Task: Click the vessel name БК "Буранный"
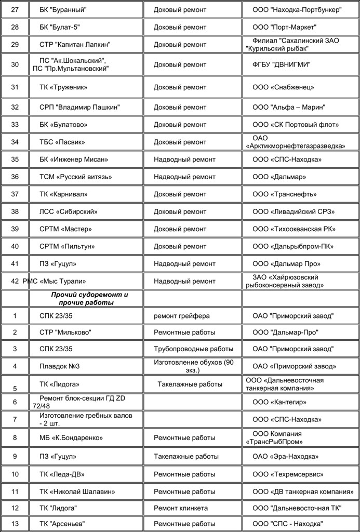click(x=63, y=10)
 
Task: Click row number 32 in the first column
click(x=15, y=107)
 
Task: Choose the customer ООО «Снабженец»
click(x=283, y=87)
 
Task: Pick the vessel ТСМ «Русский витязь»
click(x=76, y=177)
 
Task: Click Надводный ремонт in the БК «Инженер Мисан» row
click(x=184, y=159)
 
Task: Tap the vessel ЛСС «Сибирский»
click(x=69, y=211)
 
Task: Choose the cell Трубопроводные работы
click(x=193, y=349)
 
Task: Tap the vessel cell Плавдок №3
click(x=59, y=366)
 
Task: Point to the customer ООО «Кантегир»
click(x=279, y=402)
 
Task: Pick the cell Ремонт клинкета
click(x=181, y=508)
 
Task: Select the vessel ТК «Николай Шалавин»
click(x=77, y=491)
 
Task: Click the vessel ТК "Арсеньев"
click(x=62, y=523)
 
